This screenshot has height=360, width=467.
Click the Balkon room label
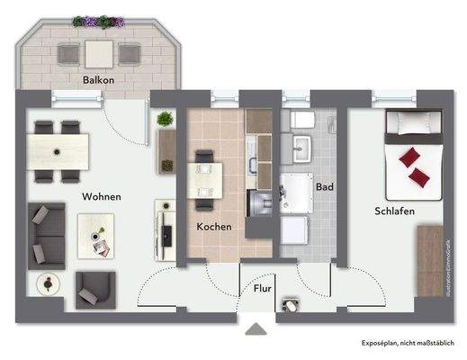click(x=98, y=80)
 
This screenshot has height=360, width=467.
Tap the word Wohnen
click(x=103, y=196)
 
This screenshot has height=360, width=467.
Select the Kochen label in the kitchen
click(x=214, y=228)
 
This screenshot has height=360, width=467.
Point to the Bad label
click(x=325, y=187)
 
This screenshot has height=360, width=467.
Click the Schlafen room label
click(x=396, y=211)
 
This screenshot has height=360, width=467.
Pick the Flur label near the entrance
click(x=262, y=289)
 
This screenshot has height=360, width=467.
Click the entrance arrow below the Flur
click(x=257, y=329)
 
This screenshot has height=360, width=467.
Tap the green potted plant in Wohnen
click(x=165, y=120)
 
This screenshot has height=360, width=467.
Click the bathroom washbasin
click(x=298, y=148)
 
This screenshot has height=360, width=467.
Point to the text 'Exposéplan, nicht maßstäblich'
click(x=407, y=343)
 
